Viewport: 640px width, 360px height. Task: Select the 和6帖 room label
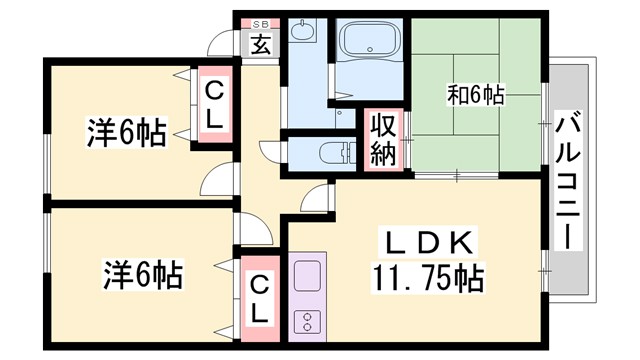point(475,96)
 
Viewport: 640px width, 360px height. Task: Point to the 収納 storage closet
point(384,139)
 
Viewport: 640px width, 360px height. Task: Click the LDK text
point(430,243)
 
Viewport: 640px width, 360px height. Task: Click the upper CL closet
point(215,106)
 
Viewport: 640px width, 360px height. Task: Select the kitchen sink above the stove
point(306,272)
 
